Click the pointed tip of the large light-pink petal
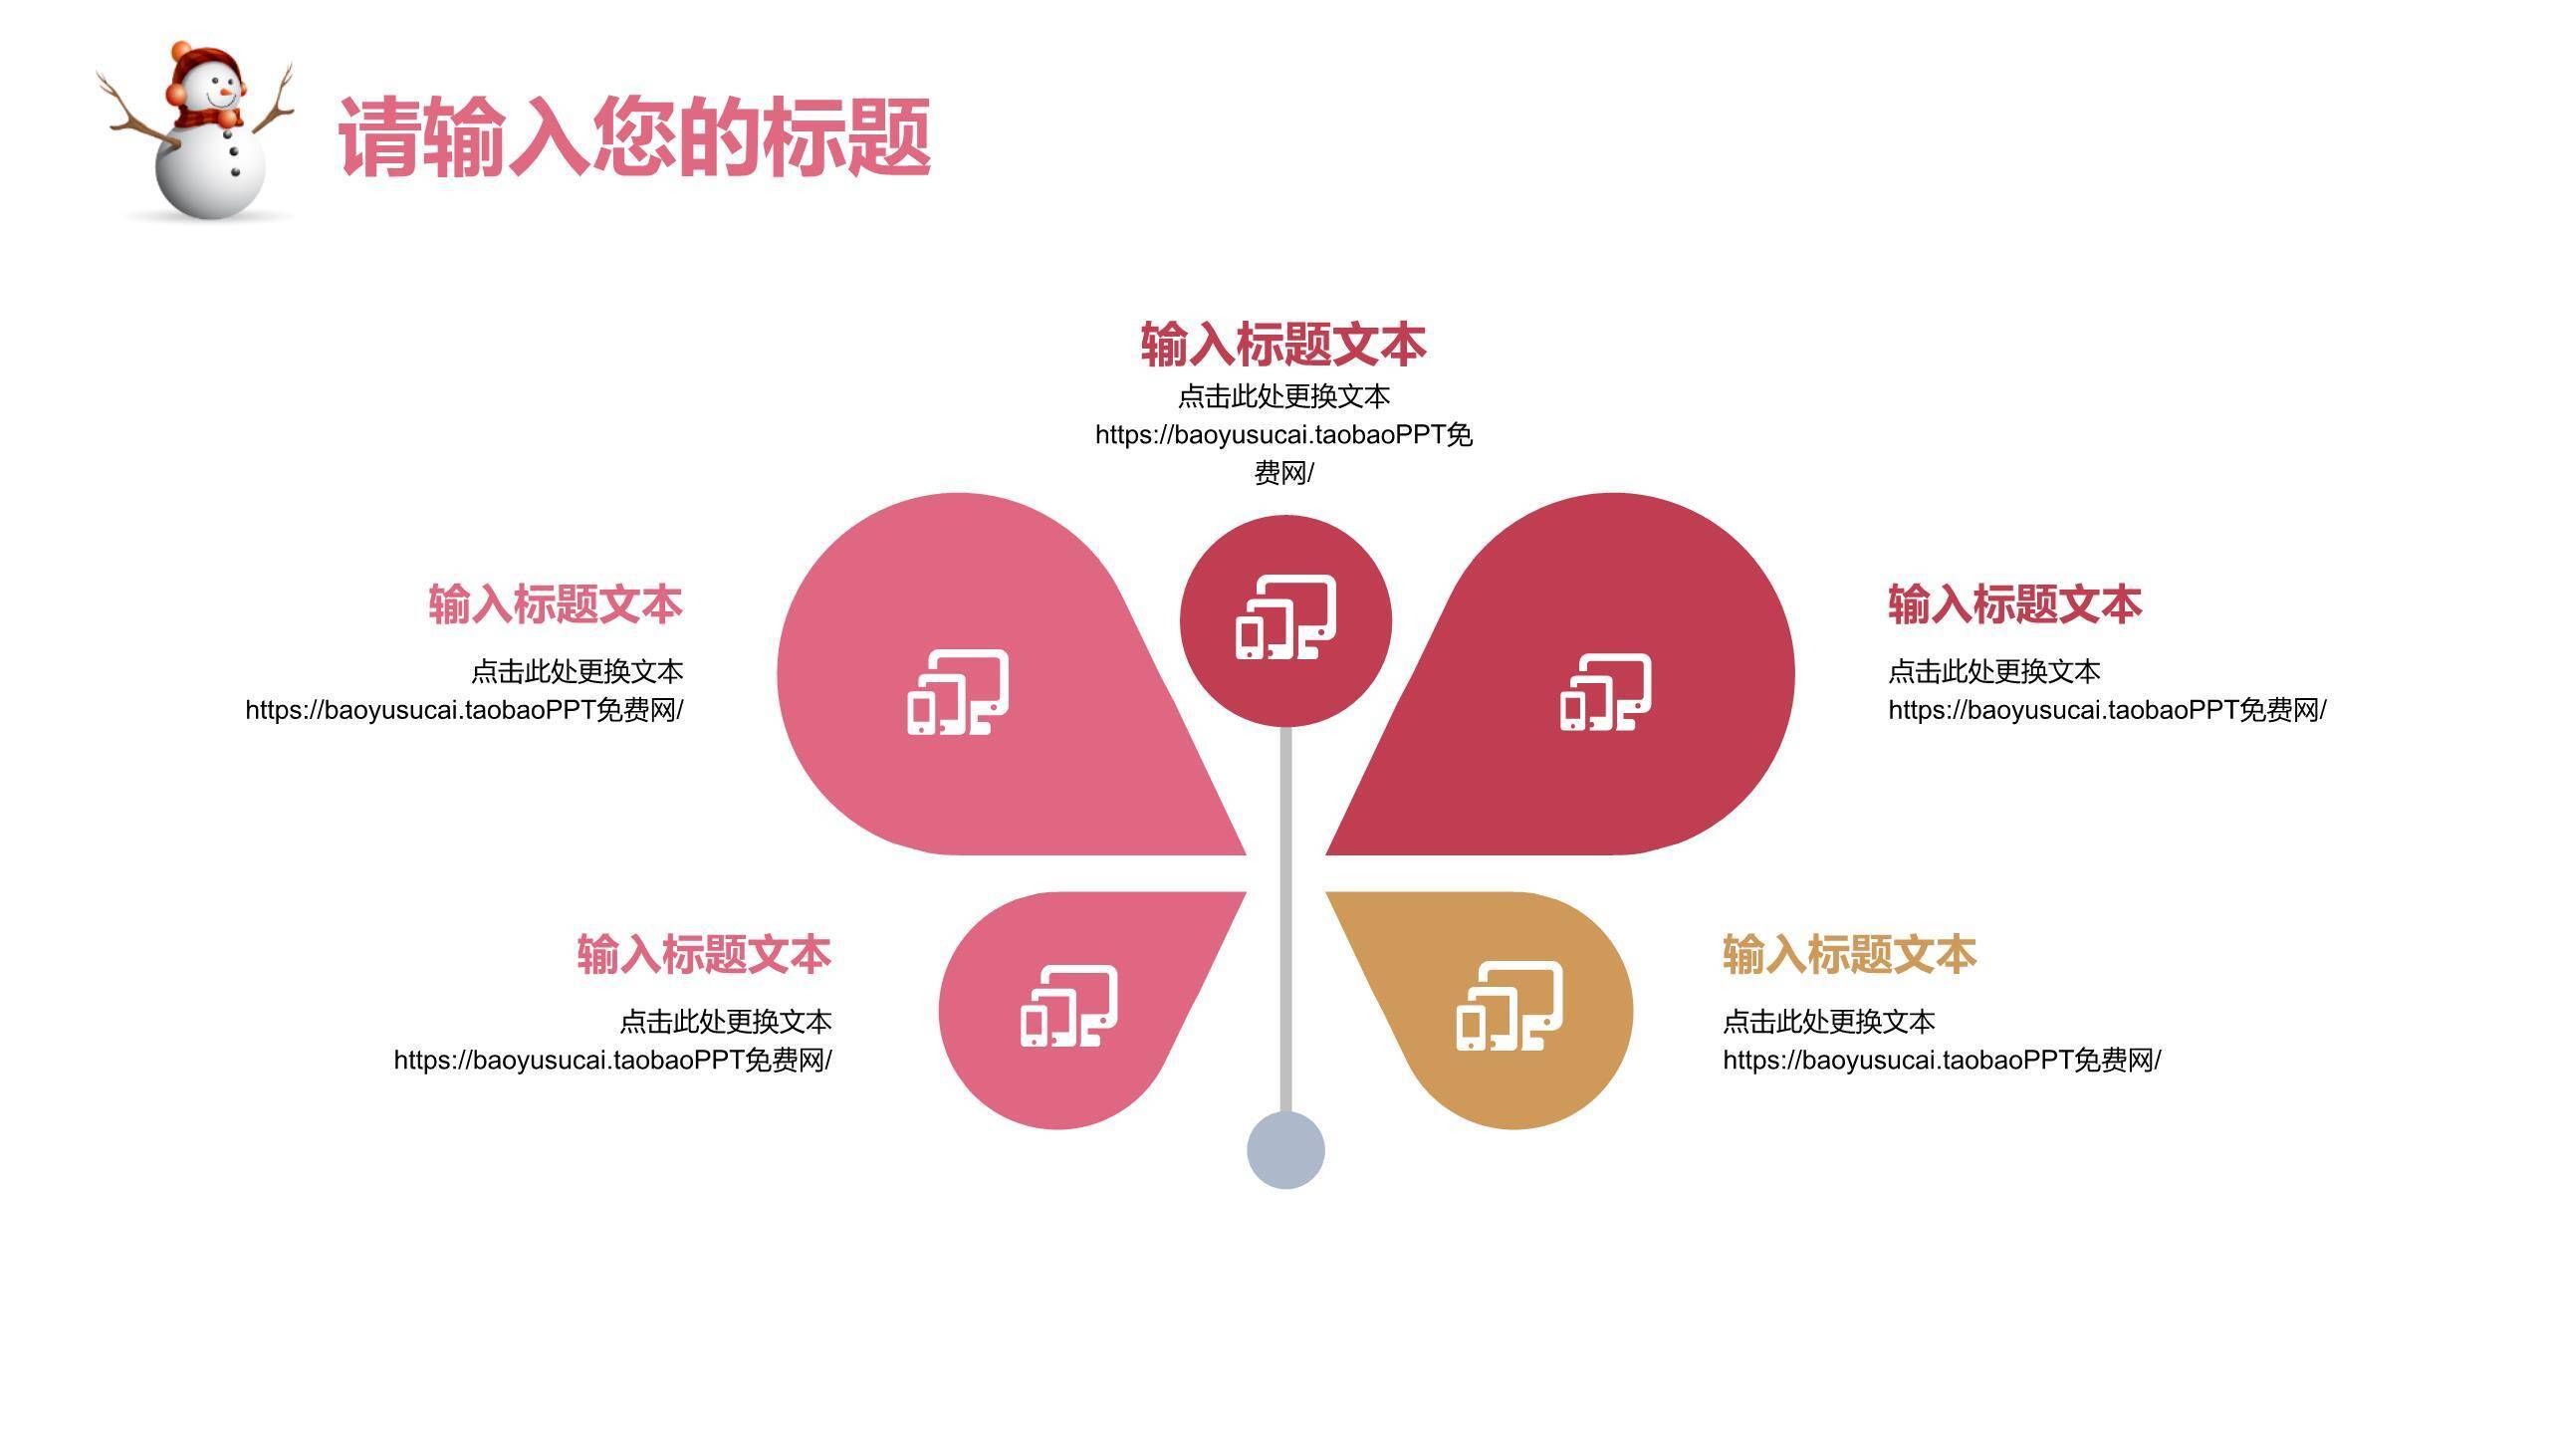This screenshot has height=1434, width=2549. click(x=1246, y=854)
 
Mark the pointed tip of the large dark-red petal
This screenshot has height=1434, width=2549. click(x=1325, y=854)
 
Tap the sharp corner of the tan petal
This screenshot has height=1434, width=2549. click(x=1326, y=892)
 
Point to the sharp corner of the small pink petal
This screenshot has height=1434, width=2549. click(x=1246, y=892)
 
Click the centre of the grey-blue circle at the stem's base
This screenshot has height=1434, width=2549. click(x=1285, y=1150)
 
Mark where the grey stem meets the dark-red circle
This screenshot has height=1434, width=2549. click(x=1285, y=727)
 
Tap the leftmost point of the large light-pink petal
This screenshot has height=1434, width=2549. click(x=778, y=674)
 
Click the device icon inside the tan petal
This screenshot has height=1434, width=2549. click(x=1509, y=1006)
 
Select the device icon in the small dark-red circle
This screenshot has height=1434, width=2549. click(x=1285, y=617)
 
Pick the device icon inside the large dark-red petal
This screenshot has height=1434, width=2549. click(x=1605, y=692)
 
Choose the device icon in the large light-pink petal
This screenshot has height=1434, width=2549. click(x=957, y=692)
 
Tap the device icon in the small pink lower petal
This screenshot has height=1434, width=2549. click(x=1068, y=1006)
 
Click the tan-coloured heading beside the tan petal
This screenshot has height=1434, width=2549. click(x=1849, y=954)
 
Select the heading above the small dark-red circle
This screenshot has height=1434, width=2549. click(x=1283, y=345)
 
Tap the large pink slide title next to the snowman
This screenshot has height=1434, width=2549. click(x=635, y=137)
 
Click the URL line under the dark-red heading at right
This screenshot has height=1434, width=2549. click(x=2107, y=710)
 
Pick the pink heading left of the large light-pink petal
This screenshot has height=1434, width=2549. click(x=556, y=604)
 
